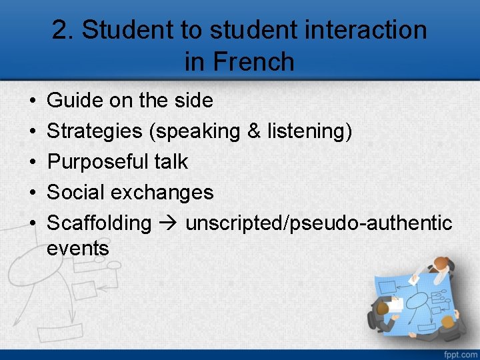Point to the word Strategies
click(x=95, y=131)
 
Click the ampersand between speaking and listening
click(x=254, y=131)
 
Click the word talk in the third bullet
click(x=171, y=162)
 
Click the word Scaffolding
click(x=99, y=223)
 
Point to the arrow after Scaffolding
click(x=169, y=223)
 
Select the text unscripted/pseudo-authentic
click(x=319, y=223)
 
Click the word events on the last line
click(x=78, y=249)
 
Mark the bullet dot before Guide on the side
click(x=33, y=101)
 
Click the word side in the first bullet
click(x=194, y=101)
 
